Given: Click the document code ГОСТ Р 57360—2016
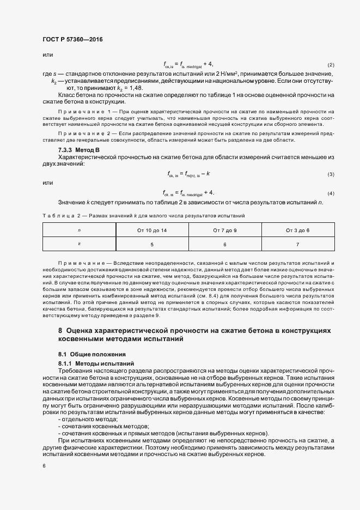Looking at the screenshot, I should tap(72, 40).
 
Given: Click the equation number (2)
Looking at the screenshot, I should tap(331, 65).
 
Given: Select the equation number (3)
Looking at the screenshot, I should tap(331, 174).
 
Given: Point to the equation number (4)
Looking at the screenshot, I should tap(331, 194).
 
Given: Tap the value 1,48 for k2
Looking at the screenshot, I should tap(136, 88).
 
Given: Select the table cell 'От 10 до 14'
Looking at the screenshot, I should tap(151, 231).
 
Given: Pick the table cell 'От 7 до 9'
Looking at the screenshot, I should tap(225, 231).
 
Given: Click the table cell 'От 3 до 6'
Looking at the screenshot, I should tap(297, 231).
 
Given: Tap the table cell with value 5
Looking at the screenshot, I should tap(151, 245).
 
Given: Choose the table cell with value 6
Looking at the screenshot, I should tap(225, 245).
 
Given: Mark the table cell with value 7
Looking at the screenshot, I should tap(297, 245).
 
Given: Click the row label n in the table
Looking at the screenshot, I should tap(80, 231).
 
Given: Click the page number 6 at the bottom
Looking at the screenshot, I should tap(44, 465).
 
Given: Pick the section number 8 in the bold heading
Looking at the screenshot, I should tap(60, 331).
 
